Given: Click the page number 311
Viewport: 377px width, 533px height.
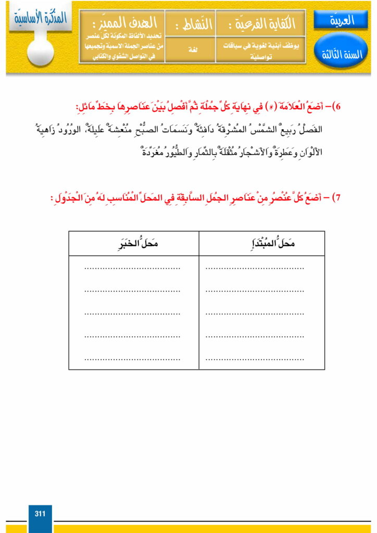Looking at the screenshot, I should coord(40,514).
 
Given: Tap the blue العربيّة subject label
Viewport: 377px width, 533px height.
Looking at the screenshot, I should coord(341,21).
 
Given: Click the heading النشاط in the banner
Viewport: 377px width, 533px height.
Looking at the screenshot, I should coord(190,23).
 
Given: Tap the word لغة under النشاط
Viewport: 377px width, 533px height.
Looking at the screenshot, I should coord(190,48).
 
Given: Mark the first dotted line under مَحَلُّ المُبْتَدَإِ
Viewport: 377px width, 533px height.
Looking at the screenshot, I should coord(255,269).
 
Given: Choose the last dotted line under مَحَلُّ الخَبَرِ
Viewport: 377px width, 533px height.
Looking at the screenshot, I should coord(132,359).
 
